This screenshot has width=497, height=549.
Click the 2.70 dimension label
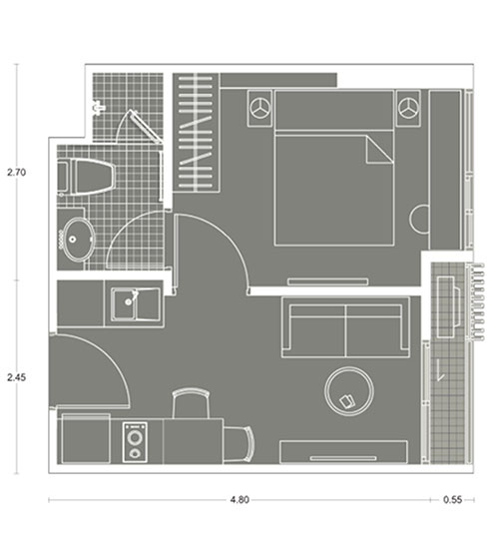(16, 173)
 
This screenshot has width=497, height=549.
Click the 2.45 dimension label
(16, 377)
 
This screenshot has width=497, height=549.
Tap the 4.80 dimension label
(240, 500)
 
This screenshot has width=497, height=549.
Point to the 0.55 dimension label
(452, 500)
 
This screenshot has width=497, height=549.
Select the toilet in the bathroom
(87, 177)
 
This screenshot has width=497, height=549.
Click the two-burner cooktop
(135, 442)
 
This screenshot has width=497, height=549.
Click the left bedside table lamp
(260, 108)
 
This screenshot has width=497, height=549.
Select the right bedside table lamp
(408, 108)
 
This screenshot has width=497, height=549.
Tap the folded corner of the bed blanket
(379, 150)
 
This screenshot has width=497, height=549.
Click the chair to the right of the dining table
(241, 443)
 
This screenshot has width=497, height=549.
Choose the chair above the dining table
(191, 403)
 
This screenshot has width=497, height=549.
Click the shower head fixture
(99, 107)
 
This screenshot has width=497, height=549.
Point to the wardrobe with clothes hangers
(196, 133)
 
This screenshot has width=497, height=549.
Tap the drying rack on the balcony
(476, 301)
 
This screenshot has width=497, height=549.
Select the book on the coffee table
(347, 401)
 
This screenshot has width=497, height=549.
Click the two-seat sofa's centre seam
(345, 330)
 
